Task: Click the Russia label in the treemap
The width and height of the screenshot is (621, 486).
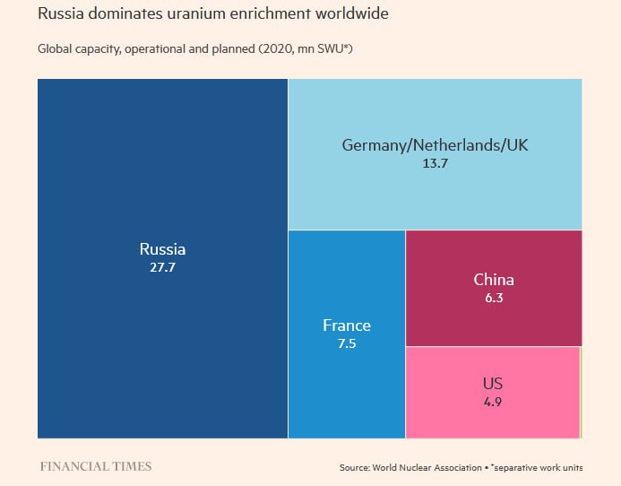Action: (x=162, y=249)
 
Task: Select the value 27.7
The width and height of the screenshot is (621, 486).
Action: (x=162, y=267)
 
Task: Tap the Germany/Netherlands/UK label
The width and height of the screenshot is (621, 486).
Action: (x=436, y=145)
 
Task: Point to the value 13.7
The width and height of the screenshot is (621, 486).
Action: (x=436, y=163)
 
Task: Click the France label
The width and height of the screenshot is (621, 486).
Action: (x=347, y=325)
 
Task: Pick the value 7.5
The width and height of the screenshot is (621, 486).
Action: (x=347, y=343)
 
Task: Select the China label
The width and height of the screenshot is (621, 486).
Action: (x=494, y=280)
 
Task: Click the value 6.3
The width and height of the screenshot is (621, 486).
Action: (x=494, y=298)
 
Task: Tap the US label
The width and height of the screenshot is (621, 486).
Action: (x=492, y=384)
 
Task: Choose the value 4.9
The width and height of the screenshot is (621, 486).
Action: (x=492, y=402)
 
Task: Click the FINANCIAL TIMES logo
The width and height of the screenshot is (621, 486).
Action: (x=96, y=466)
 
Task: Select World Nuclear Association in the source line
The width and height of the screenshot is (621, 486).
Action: (x=420, y=467)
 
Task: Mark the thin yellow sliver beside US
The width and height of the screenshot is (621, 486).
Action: (x=582, y=393)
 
